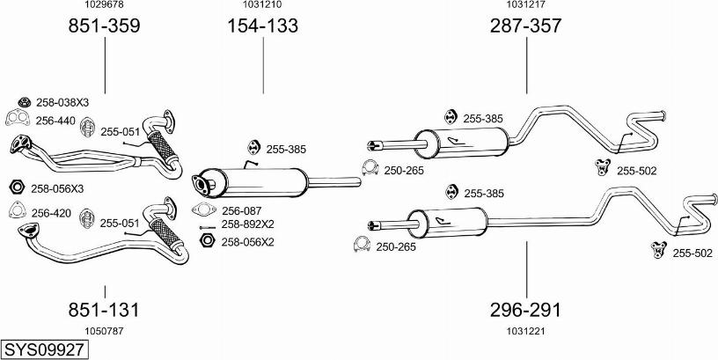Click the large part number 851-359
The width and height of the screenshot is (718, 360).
click(104, 26)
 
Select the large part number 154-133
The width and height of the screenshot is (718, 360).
click(263, 26)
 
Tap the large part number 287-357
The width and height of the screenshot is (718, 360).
click(525, 26)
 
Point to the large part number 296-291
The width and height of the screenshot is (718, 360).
click(525, 310)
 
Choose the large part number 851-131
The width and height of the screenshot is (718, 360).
click(104, 310)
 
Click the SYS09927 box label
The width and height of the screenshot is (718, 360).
click(44, 349)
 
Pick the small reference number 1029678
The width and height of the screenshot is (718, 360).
click(104, 5)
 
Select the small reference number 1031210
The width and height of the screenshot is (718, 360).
click(263, 5)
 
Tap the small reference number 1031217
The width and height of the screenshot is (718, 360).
click(525, 5)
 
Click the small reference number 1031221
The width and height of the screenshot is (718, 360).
click(525, 331)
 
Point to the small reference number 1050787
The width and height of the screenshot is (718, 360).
click(104, 331)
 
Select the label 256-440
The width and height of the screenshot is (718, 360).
click(55, 121)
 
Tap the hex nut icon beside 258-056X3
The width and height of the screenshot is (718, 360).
click(15, 188)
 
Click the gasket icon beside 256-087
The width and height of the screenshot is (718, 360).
click(203, 210)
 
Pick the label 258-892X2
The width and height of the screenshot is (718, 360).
click(247, 224)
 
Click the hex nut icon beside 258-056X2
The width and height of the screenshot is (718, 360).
click(207, 240)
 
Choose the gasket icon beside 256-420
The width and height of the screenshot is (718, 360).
click(15, 211)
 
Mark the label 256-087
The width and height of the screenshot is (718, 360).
click(241, 210)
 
